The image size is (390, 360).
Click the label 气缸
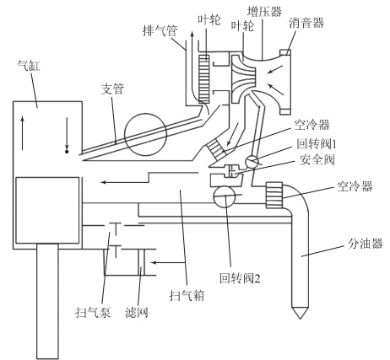(x=29, y=66)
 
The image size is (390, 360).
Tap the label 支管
(x=112, y=89)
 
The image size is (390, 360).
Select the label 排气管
(x=160, y=30)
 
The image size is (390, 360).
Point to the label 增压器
(x=264, y=12)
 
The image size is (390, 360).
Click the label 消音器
(x=306, y=23)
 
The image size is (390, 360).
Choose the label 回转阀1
(x=317, y=144)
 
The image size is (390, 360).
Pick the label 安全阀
(x=317, y=159)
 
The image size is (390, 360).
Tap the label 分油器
(x=366, y=244)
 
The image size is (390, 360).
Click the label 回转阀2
(x=240, y=278)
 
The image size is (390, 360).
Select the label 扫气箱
(x=187, y=296)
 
